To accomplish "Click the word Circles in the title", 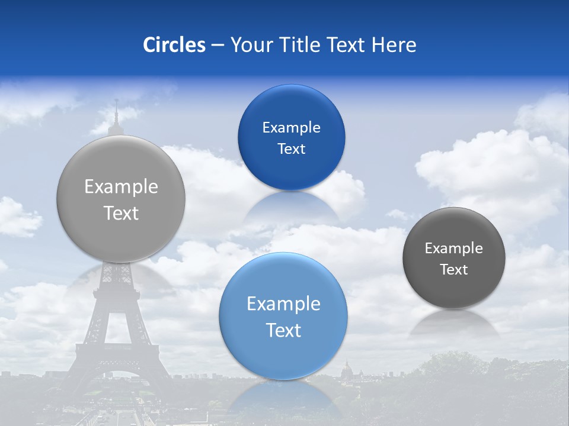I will coord(174,45).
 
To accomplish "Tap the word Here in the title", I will coord(394,45).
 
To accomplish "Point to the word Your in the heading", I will coord(250,45).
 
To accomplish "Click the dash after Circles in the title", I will coord(218,46).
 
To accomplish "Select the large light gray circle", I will coord(121,199).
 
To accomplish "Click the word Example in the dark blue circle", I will coord(291,128).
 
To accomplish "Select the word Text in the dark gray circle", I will coord(454,270).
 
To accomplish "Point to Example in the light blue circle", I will coord(283,304).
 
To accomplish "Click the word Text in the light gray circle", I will coord(121,213).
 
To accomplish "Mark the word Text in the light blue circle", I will coord(283,330).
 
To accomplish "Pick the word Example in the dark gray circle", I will coord(454,248).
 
